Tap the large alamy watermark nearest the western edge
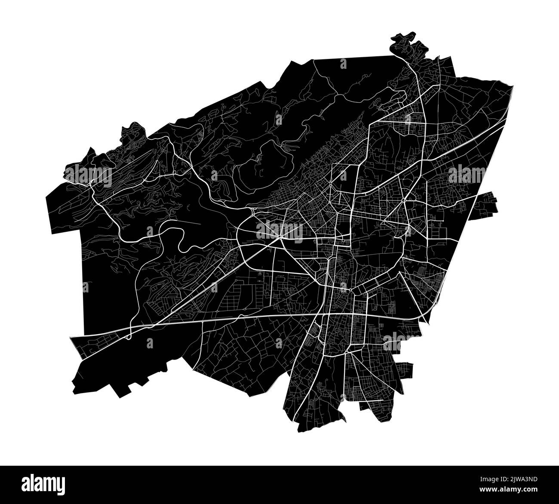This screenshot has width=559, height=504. pos(88,173)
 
